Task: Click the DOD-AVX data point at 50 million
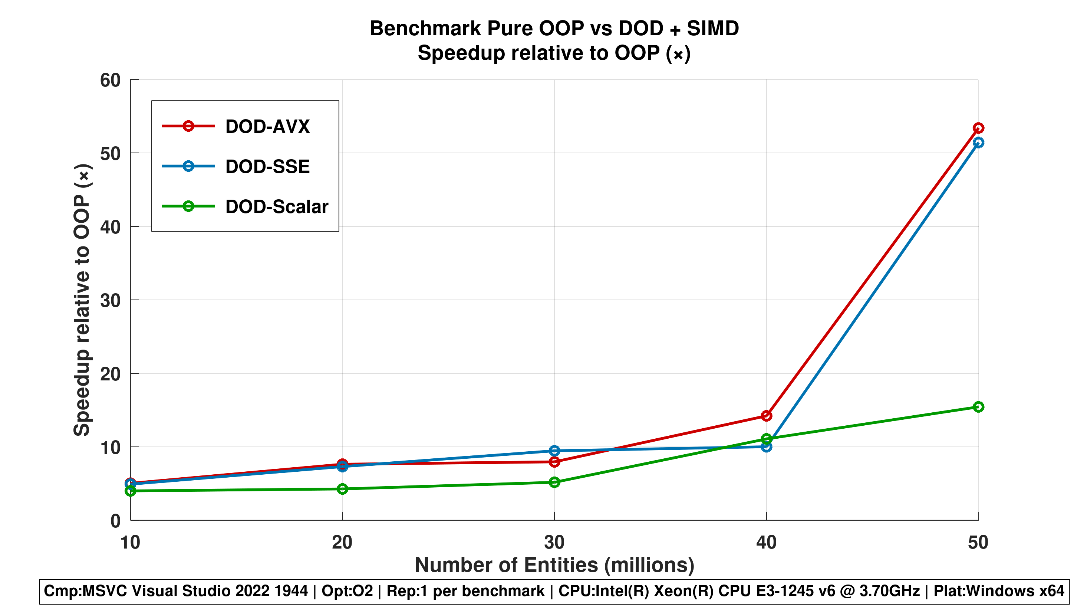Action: pyautogui.click(x=978, y=128)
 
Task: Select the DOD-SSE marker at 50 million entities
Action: pyautogui.click(x=978, y=143)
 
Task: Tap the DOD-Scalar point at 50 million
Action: pyautogui.click(x=978, y=407)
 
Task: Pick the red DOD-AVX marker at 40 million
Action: pyautogui.click(x=766, y=416)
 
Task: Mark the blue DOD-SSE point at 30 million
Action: pyautogui.click(x=554, y=451)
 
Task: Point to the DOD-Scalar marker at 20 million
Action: pyautogui.click(x=343, y=489)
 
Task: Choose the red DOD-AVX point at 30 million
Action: pyautogui.click(x=554, y=462)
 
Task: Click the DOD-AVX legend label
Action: pyautogui.click(x=267, y=126)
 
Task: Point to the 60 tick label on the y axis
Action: pyautogui.click(x=110, y=80)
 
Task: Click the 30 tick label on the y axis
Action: pyautogui.click(x=110, y=301)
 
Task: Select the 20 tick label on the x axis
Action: pyautogui.click(x=342, y=542)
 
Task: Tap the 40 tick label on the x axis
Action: pyautogui.click(x=766, y=542)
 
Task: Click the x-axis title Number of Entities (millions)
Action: pyautogui.click(x=554, y=565)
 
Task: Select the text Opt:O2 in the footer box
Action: pyautogui.click(x=347, y=591)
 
